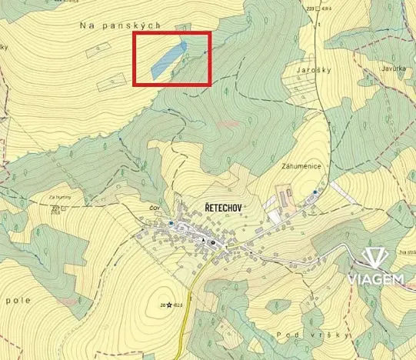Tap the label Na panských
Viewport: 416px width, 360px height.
pyautogui.click(x=121, y=25)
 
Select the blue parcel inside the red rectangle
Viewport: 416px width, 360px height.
pyautogui.click(x=168, y=58)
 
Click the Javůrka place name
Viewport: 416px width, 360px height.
pyautogui.click(x=393, y=68)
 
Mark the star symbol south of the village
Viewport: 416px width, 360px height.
pyautogui.click(x=169, y=305)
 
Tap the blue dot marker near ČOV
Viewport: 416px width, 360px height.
pyautogui.click(x=171, y=223)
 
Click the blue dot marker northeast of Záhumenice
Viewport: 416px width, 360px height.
pyautogui.click(x=315, y=191)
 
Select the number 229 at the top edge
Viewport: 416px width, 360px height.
pyautogui.click(x=311, y=8)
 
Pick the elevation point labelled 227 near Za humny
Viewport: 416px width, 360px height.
pyautogui.click(x=55, y=208)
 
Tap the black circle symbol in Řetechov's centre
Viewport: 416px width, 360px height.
pyautogui.click(x=214, y=242)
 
